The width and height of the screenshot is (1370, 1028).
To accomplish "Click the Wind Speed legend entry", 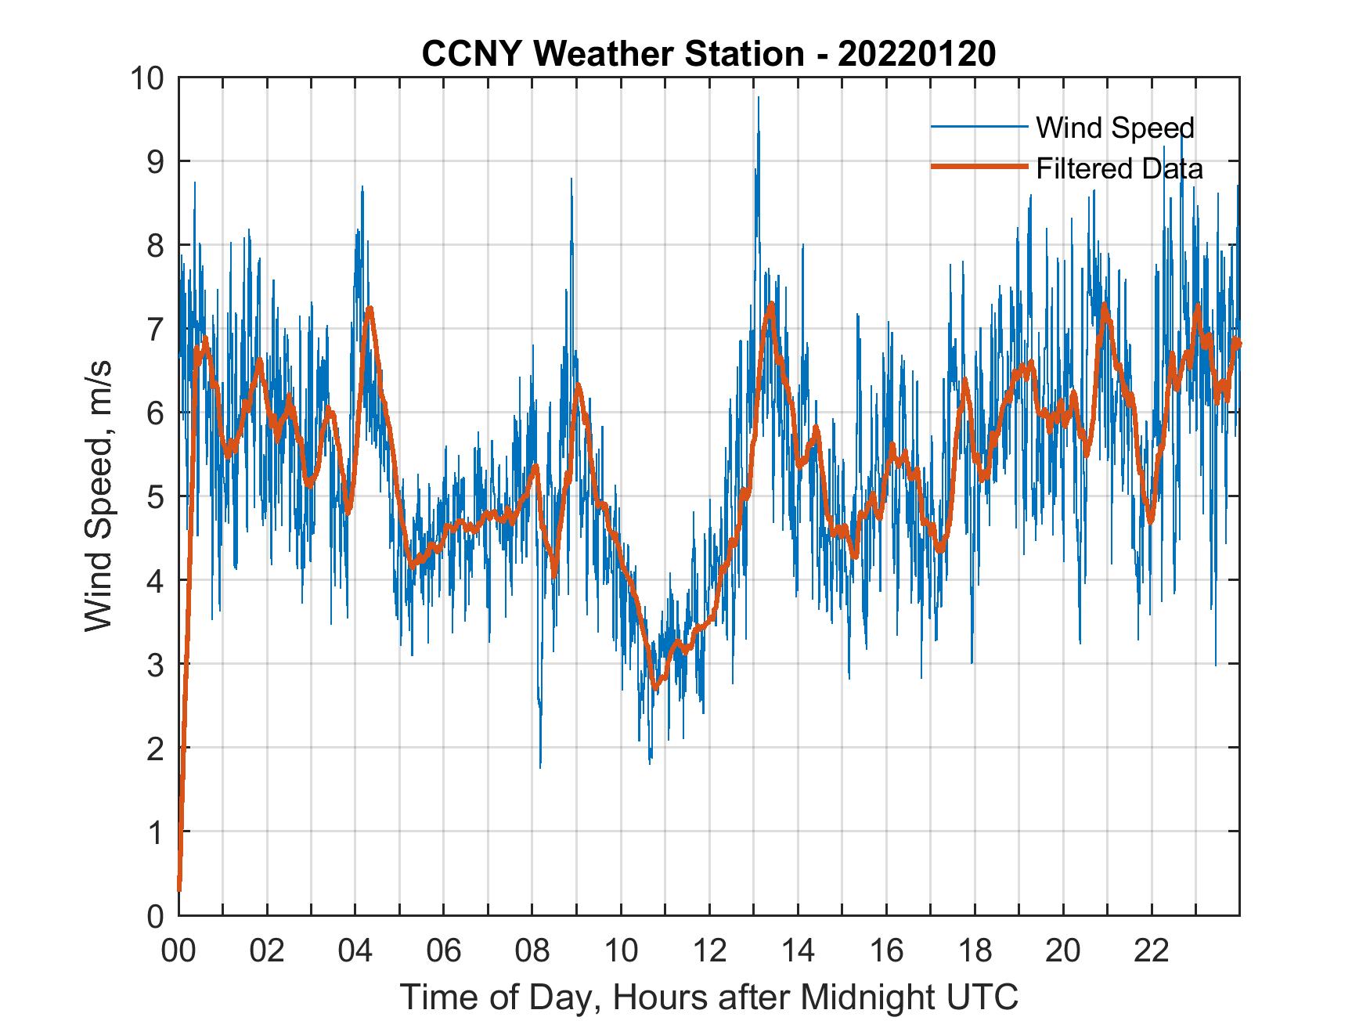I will pyautogui.click(x=1115, y=128).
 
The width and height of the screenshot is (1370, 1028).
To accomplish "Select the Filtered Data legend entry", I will pyautogui.click(x=1119, y=168).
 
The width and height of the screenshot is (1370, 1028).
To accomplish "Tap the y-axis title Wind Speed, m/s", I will pyautogui.click(x=99, y=496).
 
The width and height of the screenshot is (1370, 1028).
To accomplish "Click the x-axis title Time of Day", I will pyautogui.click(x=709, y=997).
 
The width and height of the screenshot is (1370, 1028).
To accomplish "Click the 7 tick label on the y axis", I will pyautogui.click(x=153, y=329).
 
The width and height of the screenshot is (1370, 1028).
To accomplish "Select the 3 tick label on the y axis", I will pyautogui.click(x=153, y=665).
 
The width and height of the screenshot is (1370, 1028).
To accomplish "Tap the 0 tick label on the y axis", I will pyautogui.click(x=153, y=916).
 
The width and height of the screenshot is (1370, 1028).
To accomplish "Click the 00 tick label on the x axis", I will pyautogui.click(x=178, y=951).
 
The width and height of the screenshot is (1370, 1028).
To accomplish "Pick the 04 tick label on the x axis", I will pyautogui.click(x=355, y=951).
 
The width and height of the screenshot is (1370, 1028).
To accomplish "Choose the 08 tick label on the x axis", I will pyautogui.click(x=532, y=951).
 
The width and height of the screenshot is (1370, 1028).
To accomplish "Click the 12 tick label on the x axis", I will pyautogui.click(x=709, y=951).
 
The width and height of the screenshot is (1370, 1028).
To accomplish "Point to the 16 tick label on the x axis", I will pyautogui.click(x=886, y=951).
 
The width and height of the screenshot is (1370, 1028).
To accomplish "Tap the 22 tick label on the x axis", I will pyautogui.click(x=1152, y=951).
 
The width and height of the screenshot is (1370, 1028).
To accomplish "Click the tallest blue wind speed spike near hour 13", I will pyautogui.click(x=758, y=121).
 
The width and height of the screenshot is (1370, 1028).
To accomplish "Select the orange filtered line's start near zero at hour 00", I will pyautogui.click(x=179, y=889).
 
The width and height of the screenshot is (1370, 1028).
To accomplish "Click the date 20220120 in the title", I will pyautogui.click(x=918, y=55).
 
